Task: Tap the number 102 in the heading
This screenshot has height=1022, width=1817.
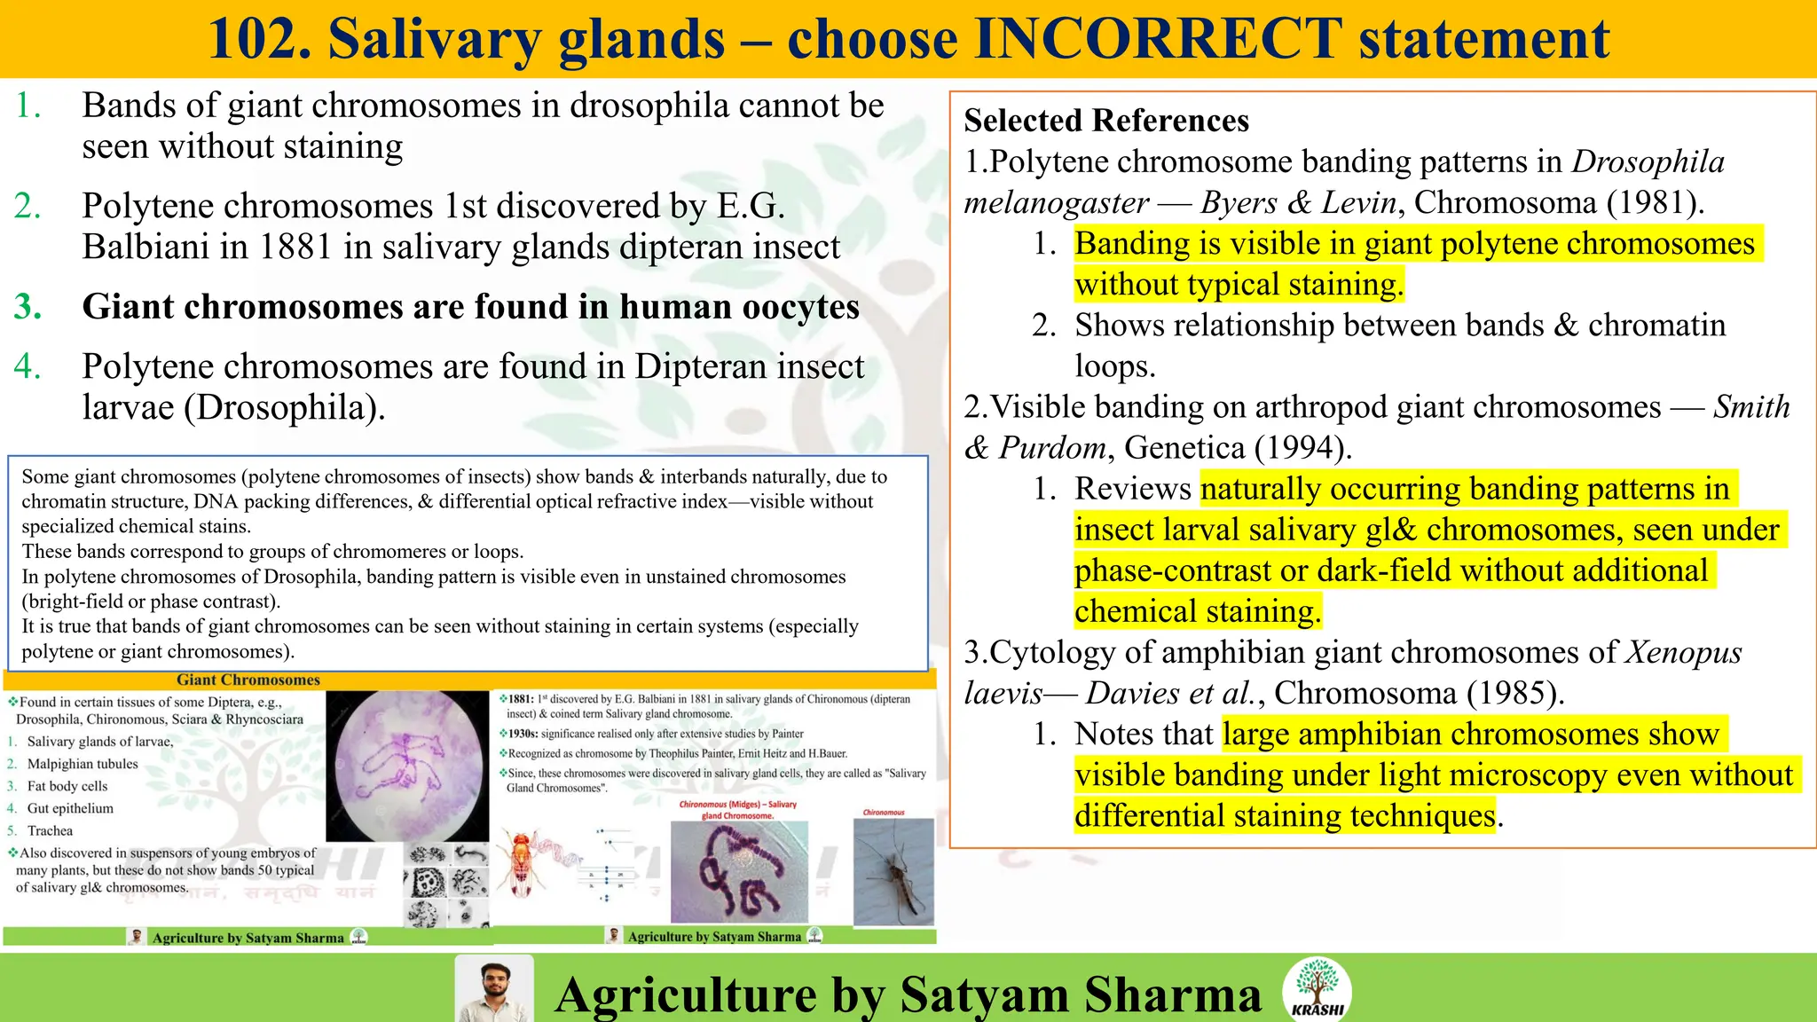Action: pyautogui.click(x=258, y=39)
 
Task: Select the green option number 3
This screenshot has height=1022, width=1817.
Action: pyautogui.click(x=28, y=307)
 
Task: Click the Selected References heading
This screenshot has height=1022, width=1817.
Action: pyautogui.click(x=1106, y=121)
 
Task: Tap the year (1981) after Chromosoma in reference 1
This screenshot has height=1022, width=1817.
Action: pyautogui.click(x=1656, y=202)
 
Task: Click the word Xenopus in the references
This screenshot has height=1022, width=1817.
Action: pyautogui.click(x=1683, y=652)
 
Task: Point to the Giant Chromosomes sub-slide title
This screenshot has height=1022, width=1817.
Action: pyautogui.click(x=248, y=680)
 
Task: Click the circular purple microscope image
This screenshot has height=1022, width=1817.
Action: pyautogui.click(x=407, y=766)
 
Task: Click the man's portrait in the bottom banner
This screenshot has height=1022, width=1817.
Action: pyautogui.click(x=494, y=988)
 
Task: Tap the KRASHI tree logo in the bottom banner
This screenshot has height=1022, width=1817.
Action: pyautogui.click(x=1317, y=987)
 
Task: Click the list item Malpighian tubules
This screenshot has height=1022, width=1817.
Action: pyautogui.click(x=83, y=764)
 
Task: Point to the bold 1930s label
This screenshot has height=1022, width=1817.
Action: pyautogui.click(x=523, y=734)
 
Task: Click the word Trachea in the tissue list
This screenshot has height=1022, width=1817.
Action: pyautogui.click(x=50, y=830)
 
